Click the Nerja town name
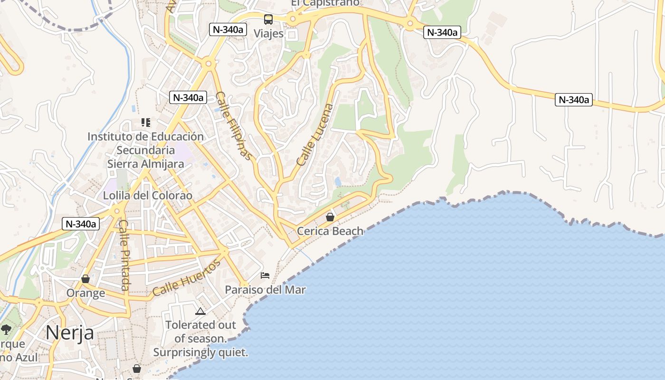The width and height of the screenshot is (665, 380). (69, 332)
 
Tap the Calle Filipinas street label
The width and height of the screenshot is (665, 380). (233, 126)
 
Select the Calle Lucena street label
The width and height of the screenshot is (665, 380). (315, 134)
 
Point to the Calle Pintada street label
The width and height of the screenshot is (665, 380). (124, 255)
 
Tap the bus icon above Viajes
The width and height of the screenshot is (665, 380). (268, 19)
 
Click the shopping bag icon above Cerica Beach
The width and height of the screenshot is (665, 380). (330, 217)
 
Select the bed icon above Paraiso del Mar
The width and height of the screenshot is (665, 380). (265, 275)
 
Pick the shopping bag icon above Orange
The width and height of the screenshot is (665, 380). (85, 279)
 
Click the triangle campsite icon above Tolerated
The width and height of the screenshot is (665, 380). (200, 312)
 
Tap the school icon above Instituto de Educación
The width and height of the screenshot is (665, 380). (146, 123)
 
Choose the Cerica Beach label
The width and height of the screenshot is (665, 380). (330, 231)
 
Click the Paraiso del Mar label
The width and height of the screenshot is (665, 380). (265, 290)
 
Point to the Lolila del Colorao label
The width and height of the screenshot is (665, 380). (148, 196)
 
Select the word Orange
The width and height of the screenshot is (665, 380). (85, 293)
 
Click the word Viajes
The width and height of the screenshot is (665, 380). (268, 34)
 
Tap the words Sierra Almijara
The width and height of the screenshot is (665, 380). (145, 164)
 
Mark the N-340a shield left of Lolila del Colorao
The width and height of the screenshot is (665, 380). (81, 224)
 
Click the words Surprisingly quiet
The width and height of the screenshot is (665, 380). (200, 353)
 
